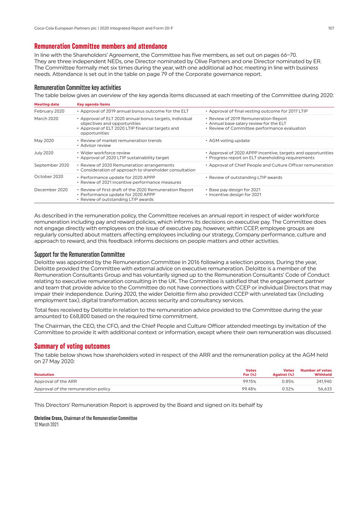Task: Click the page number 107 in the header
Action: coord(331,28)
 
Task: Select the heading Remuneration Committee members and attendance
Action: coord(101,46)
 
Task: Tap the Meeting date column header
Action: coord(47,104)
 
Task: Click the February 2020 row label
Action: coord(49,111)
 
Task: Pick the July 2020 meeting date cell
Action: coord(44,153)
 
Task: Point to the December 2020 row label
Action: coord(51,190)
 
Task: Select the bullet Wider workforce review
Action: coord(105,153)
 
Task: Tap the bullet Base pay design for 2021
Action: coord(235,190)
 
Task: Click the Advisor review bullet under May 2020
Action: coord(96,145)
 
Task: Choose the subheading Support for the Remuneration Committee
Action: coord(79,254)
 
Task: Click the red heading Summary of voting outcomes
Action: coord(72,346)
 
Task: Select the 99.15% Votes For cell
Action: coord(249,381)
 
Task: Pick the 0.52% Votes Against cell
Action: coord(288,389)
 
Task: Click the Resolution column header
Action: coord(44,374)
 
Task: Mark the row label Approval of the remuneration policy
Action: coord(72,389)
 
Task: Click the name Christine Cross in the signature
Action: coord(48,418)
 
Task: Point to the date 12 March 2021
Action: coord(46,424)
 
